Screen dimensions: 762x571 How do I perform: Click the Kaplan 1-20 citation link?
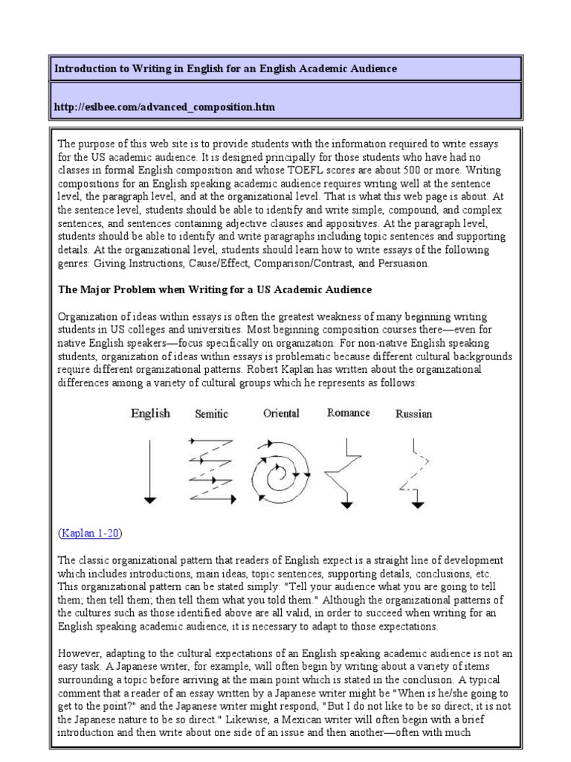coord(90,533)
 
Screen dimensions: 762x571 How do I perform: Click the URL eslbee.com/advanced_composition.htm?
coord(164,107)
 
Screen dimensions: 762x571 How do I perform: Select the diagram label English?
coord(150,413)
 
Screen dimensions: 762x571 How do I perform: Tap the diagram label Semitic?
coord(211,414)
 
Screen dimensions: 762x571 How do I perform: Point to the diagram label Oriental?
coord(281,413)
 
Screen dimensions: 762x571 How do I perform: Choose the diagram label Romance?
coord(349,413)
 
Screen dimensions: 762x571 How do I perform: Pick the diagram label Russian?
coord(413,414)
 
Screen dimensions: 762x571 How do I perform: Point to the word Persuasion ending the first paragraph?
coord(402,263)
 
